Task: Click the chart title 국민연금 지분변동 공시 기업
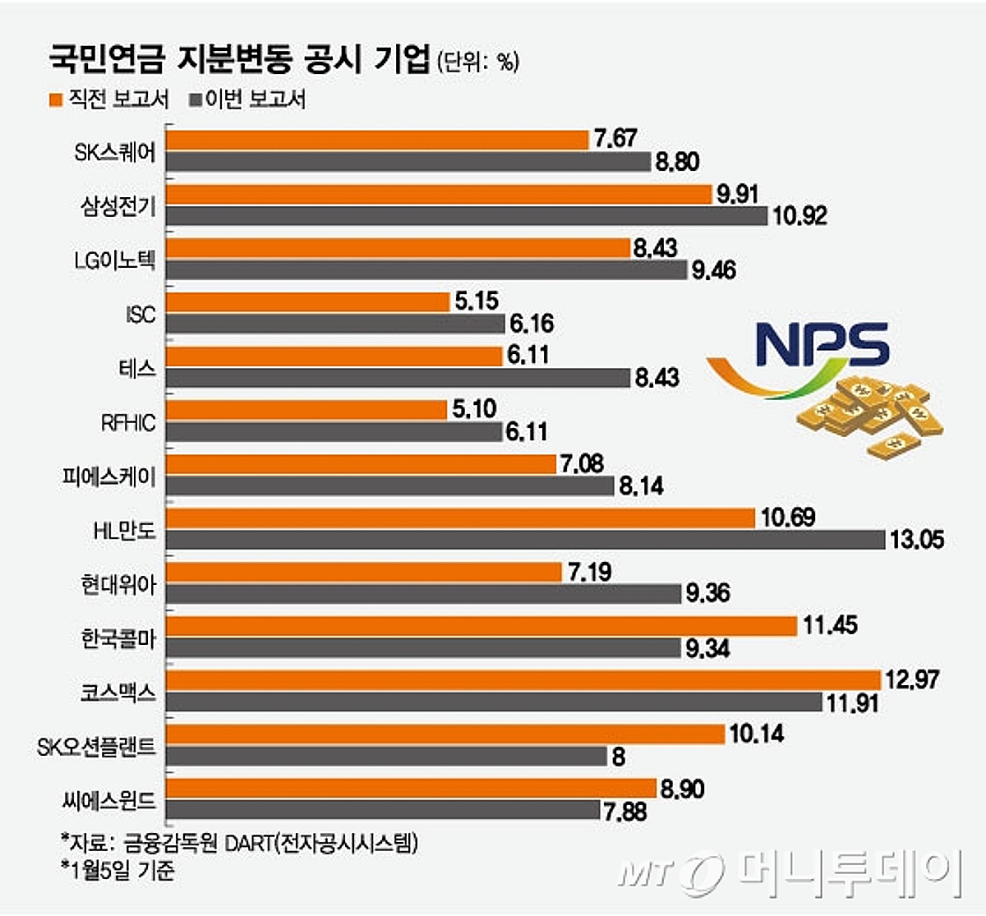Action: click(239, 59)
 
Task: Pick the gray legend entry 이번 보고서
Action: click(247, 99)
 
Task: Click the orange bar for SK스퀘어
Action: click(377, 140)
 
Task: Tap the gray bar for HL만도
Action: click(526, 540)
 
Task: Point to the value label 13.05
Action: click(917, 540)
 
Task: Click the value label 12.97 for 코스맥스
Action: click(911, 679)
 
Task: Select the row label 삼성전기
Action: click(118, 205)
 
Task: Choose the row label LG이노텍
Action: click(114, 260)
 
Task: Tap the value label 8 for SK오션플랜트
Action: click(619, 757)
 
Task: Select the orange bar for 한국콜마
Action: click(481, 626)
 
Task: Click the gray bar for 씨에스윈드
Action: click(383, 811)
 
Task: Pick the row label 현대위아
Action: click(118, 585)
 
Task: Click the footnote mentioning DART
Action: click(239, 843)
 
